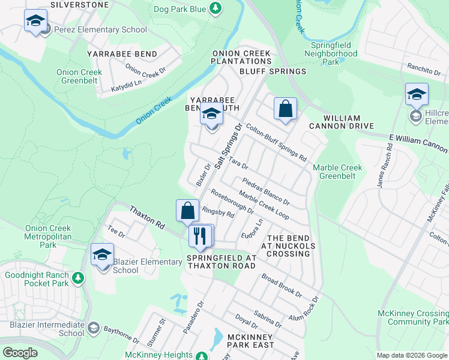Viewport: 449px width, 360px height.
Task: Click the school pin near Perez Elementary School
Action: (36, 22)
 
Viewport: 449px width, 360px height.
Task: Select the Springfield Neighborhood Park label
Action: (333, 53)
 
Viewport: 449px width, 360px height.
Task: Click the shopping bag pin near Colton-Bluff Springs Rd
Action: (286, 109)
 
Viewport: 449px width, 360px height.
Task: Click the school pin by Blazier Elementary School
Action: (102, 255)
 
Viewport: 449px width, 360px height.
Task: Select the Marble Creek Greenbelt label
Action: (334, 172)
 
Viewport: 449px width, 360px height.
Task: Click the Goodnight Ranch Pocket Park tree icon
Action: (77, 278)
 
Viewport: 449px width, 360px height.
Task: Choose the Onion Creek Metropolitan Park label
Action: (48, 232)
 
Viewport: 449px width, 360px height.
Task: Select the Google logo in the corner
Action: (20, 352)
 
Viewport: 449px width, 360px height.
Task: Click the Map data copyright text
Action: (411, 355)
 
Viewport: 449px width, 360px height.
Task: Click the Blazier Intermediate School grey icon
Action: (93, 328)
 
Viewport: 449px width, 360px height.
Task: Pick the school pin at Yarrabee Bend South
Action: (211, 113)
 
